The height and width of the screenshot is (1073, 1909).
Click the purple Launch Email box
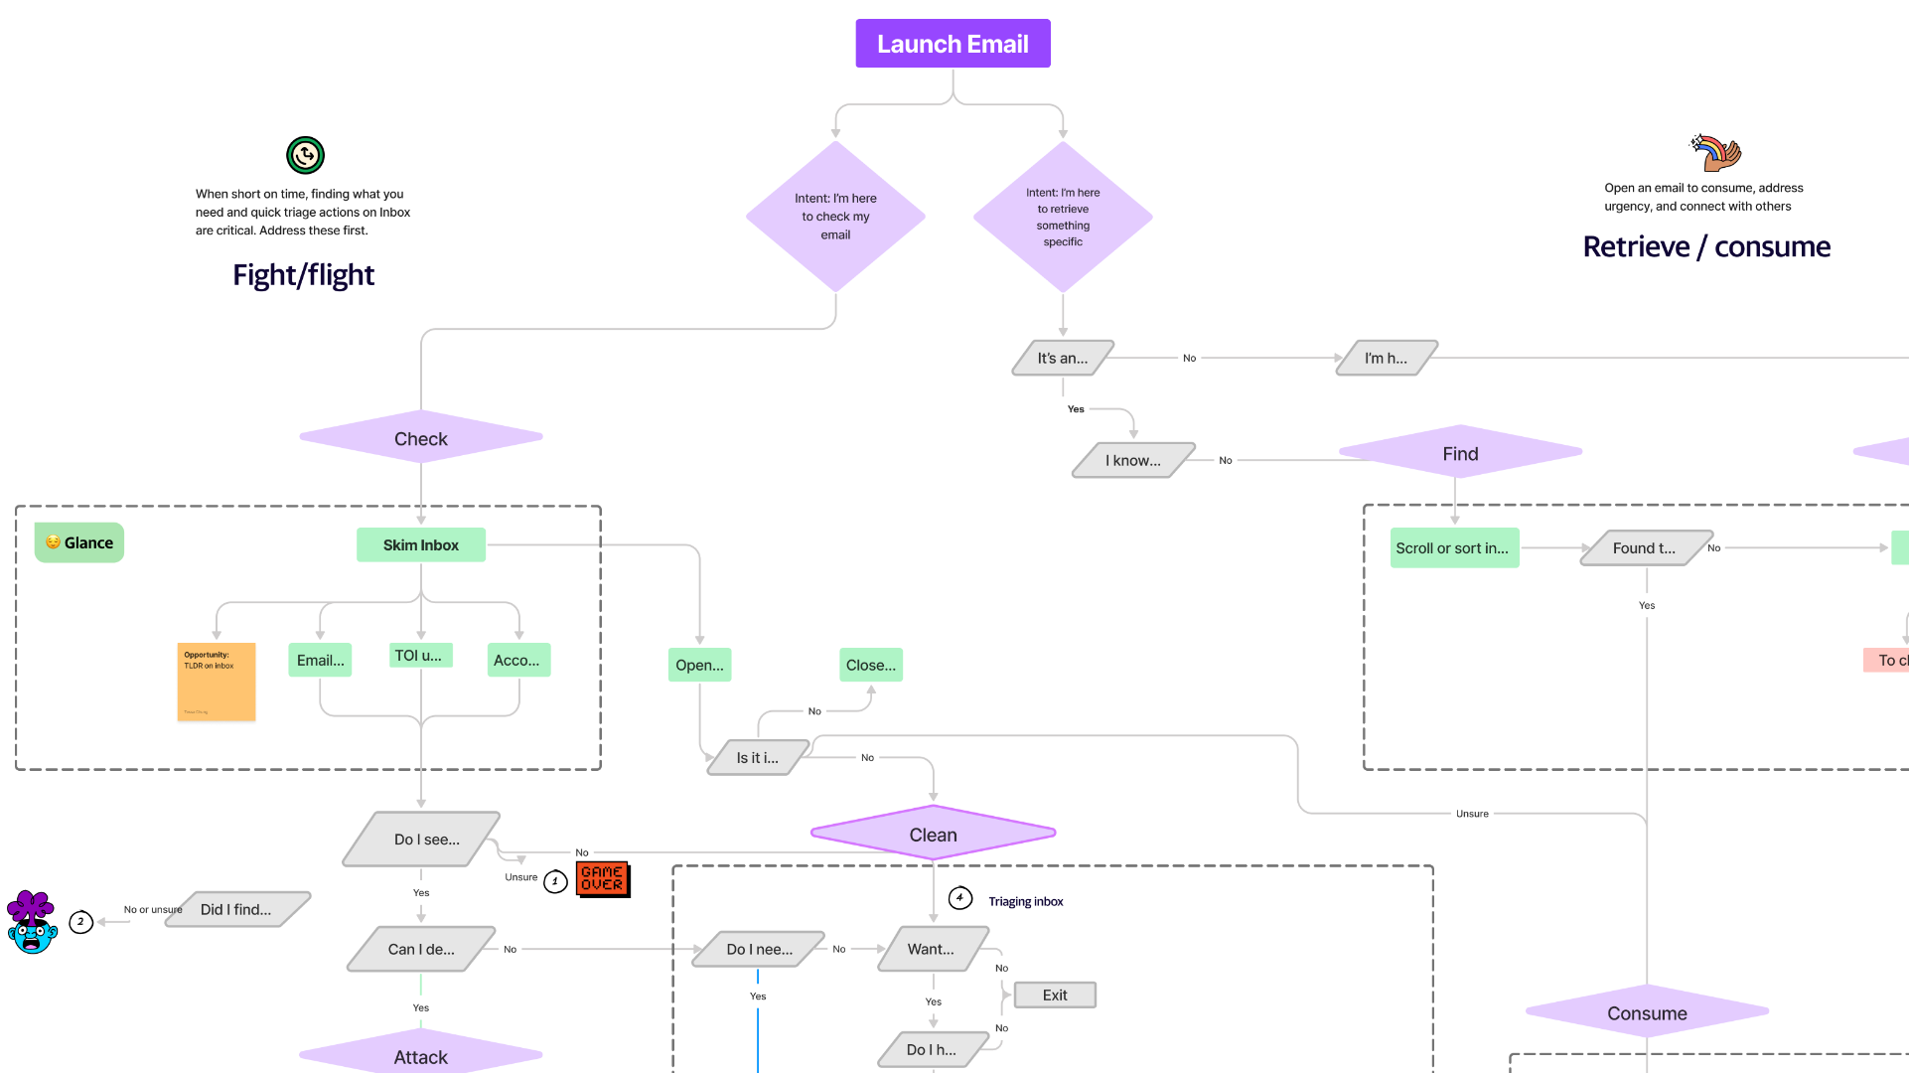click(953, 44)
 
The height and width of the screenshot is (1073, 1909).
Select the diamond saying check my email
click(835, 217)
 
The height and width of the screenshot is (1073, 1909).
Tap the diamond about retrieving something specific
click(1063, 217)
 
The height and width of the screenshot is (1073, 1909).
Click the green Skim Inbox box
click(421, 544)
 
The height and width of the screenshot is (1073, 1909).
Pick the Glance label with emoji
click(79, 542)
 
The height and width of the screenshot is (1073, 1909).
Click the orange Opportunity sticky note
click(217, 682)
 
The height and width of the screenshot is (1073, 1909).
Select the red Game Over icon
click(602, 878)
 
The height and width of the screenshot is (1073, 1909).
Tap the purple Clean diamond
click(933, 835)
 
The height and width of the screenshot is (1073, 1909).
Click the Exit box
click(1055, 995)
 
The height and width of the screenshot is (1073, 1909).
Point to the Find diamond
click(1460, 453)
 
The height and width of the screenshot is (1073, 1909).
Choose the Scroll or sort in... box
click(1454, 547)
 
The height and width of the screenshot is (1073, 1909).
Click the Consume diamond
click(1647, 1012)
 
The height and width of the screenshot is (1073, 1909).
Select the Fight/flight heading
click(303, 274)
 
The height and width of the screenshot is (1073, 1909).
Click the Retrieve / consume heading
click(1705, 246)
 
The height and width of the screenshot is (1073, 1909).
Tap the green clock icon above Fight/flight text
click(305, 155)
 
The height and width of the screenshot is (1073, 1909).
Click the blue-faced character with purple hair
click(32, 922)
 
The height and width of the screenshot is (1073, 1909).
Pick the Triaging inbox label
click(1025, 901)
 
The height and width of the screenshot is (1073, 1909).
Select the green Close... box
click(870, 665)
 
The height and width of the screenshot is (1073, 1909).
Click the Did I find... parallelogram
click(236, 909)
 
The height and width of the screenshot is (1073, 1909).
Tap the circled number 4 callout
click(959, 898)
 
